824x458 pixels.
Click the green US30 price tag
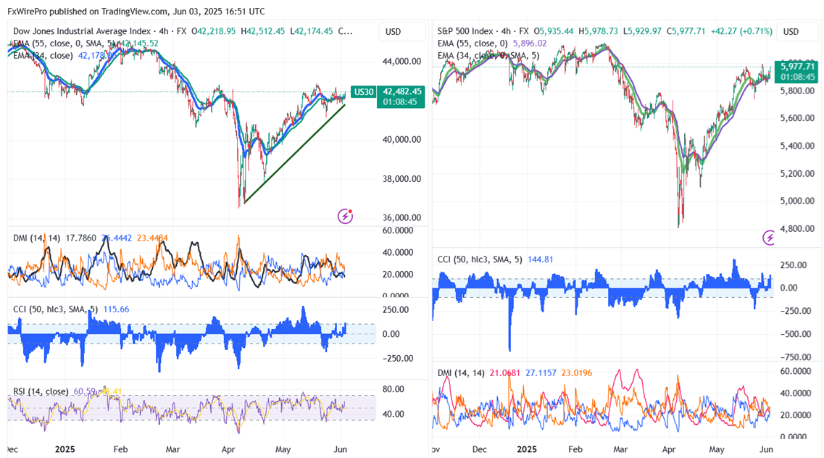click(x=362, y=92)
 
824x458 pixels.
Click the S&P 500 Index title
click(x=465, y=32)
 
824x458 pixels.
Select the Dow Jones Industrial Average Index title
click(x=82, y=32)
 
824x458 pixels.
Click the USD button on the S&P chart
click(x=791, y=32)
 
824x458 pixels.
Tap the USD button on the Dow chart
click(x=394, y=32)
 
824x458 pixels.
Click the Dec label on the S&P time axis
click(x=479, y=449)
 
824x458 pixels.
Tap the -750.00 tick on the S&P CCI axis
click(x=794, y=357)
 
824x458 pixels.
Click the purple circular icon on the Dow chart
click(x=346, y=216)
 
